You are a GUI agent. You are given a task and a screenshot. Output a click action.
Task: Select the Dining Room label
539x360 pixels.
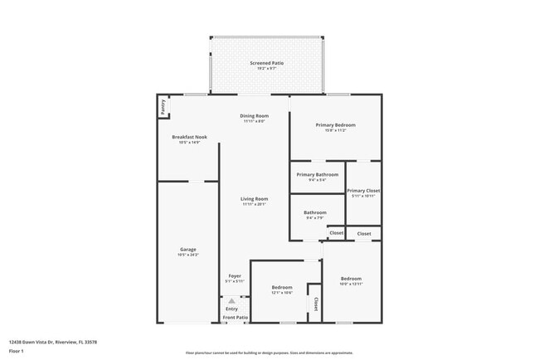[x=254, y=115]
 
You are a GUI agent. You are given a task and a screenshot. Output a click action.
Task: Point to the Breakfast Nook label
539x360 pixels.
[x=189, y=137]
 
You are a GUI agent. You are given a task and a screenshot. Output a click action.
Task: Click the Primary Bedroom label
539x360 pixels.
[x=335, y=125]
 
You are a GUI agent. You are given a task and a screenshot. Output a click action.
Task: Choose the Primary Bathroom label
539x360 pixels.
[x=317, y=175]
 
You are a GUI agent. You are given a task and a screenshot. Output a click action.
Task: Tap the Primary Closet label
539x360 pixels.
[x=363, y=190]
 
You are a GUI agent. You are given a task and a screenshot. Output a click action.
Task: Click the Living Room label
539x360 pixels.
[x=254, y=199]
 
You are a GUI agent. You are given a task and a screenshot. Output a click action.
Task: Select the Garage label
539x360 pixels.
[x=188, y=249]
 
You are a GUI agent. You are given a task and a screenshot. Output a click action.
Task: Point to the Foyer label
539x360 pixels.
[x=235, y=276]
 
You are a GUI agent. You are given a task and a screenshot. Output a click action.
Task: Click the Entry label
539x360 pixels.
[x=231, y=309]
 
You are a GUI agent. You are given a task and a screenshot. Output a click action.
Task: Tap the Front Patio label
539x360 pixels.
[x=235, y=318]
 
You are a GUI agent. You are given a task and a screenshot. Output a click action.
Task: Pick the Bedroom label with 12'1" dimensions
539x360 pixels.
[x=282, y=287]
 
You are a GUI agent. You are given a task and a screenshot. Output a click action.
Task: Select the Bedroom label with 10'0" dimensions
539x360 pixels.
[x=351, y=279]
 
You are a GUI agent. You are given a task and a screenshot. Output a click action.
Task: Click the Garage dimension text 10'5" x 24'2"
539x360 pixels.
[x=188, y=255]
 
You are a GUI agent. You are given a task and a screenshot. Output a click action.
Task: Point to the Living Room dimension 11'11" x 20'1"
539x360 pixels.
[x=254, y=205]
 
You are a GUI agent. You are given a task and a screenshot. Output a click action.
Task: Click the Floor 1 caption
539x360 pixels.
[x=17, y=351]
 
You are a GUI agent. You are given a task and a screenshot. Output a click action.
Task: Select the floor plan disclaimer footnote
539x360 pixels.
[x=269, y=353]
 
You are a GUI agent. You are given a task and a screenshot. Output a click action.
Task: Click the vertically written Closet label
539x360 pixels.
[x=315, y=304]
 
